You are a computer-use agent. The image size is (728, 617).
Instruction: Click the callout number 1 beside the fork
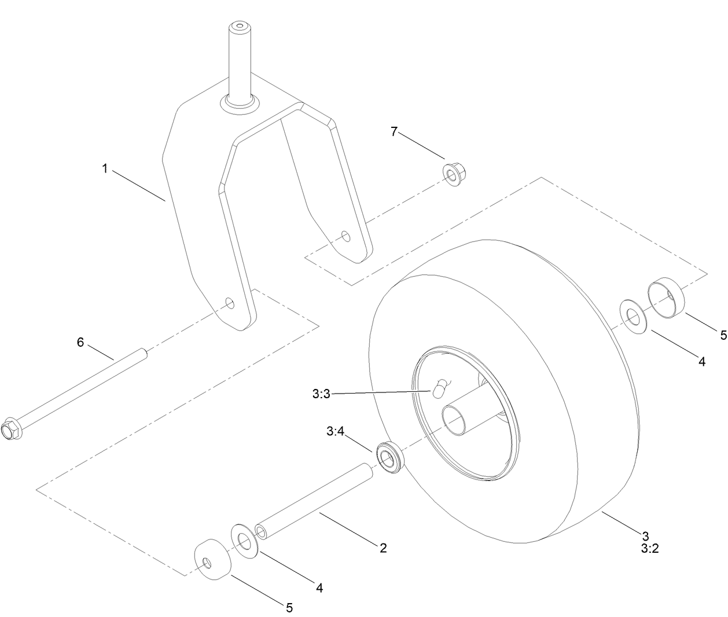pyautogui.click(x=105, y=168)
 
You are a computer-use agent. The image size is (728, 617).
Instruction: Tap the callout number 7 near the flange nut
pyautogui.click(x=394, y=132)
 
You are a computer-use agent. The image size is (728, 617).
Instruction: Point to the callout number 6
pyautogui.click(x=80, y=342)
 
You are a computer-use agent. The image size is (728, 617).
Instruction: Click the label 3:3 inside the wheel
pyautogui.click(x=320, y=394)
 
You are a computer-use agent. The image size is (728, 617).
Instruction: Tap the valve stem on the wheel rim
pyautogui.click(x=440, y=387)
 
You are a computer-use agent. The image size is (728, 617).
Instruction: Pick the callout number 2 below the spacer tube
pyautogui.click(x=383, y=547)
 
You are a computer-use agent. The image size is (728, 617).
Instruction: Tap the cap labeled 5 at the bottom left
pyautogui.click(x=211, y=560)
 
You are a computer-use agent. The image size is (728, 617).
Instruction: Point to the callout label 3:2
pyautogui.click(x=650, y=549)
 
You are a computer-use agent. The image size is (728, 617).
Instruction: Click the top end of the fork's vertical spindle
pyautogui.click(x=239, y=27)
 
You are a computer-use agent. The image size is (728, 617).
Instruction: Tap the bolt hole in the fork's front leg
pyautogui.click(x=230, y=303)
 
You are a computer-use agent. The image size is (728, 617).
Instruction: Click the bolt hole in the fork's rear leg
pyautogui.click(x=345, y=236)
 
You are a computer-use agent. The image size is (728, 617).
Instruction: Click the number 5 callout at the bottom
pyautogui.click(x=289, y=607)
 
